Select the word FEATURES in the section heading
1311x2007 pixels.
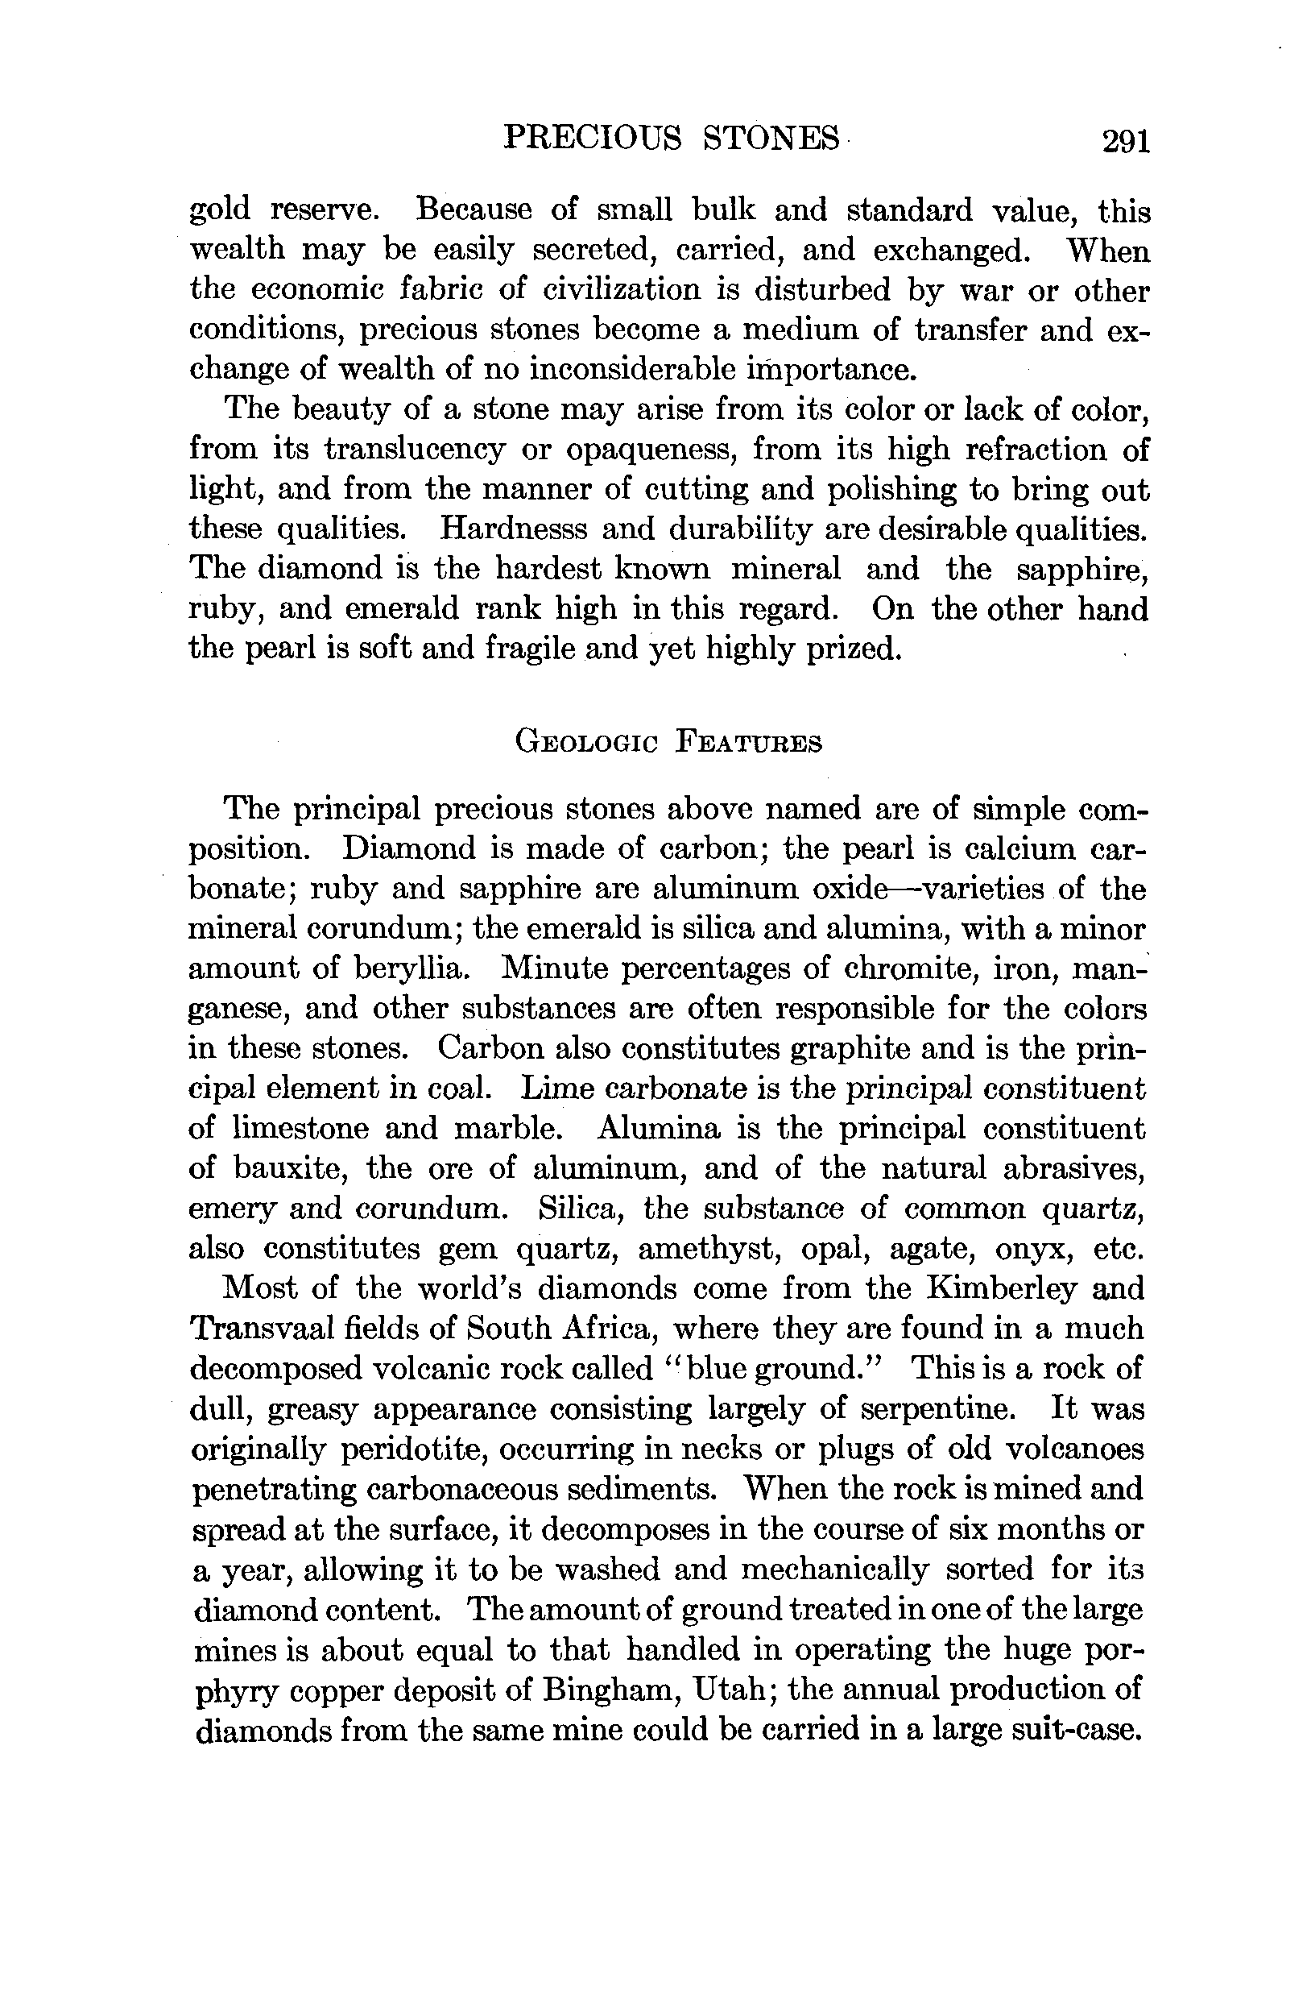click(x=750, y=743)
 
